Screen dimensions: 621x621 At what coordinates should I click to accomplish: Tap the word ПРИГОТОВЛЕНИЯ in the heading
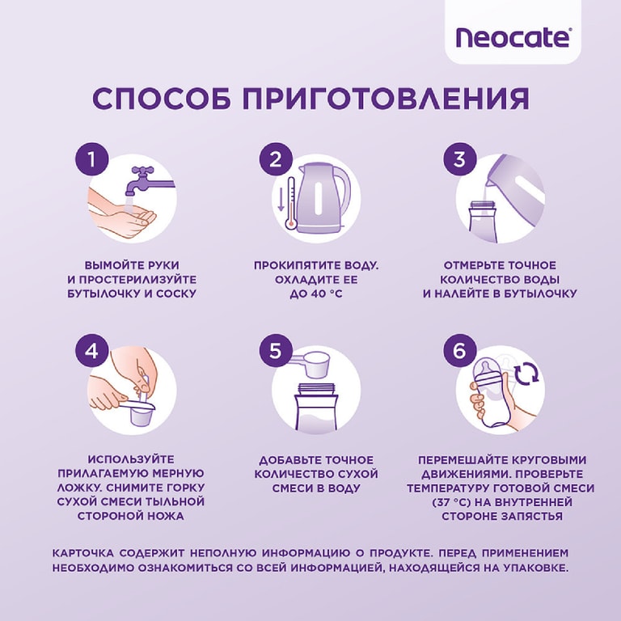point(386,98)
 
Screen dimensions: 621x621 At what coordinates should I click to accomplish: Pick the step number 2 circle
point(275,158)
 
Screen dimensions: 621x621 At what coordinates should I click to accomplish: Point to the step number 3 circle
point(458,158)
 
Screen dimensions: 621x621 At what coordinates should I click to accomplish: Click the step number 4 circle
point(91,351)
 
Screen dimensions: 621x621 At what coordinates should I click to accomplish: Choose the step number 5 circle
point(275,351)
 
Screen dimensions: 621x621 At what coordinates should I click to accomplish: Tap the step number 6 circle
point(458,351)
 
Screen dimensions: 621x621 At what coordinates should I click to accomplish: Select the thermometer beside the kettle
point(281,207)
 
